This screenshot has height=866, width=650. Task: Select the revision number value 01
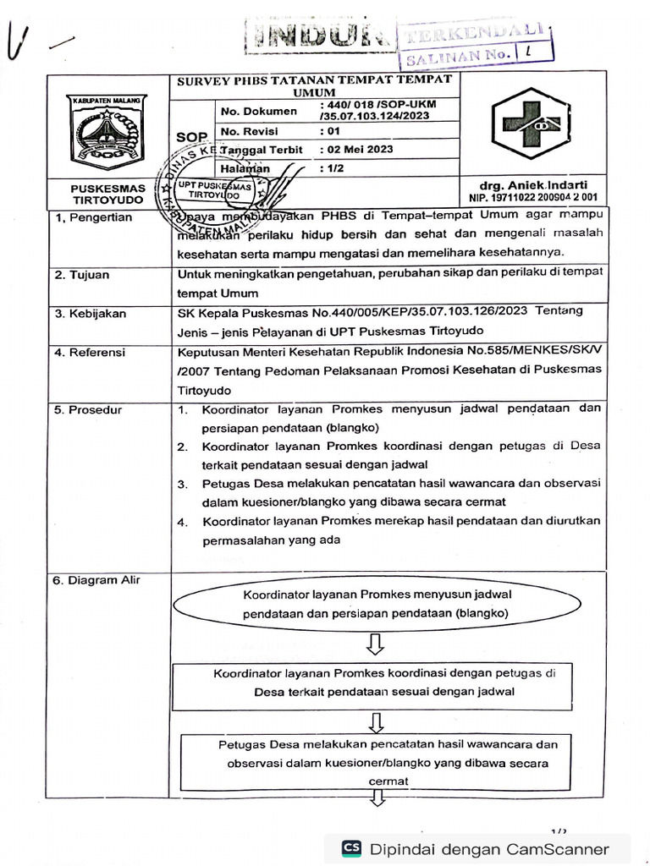coord(333,131)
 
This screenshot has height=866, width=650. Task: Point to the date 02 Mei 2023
coord(359,149)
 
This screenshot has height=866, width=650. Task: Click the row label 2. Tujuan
coord(82,275)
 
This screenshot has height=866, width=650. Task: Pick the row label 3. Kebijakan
coord(91,313)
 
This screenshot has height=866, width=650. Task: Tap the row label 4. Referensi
coord(90,352)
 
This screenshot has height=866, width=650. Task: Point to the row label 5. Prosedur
coord(88,409)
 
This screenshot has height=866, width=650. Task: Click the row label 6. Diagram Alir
coord(96,580)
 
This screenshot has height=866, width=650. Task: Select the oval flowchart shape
coord(377,604)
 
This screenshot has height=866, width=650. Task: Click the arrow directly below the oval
coord(377,645)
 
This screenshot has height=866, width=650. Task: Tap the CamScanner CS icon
coord(351,848)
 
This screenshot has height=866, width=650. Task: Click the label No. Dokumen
coord(259,111)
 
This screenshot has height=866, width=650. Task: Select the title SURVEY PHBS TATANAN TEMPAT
coord(313,79)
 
